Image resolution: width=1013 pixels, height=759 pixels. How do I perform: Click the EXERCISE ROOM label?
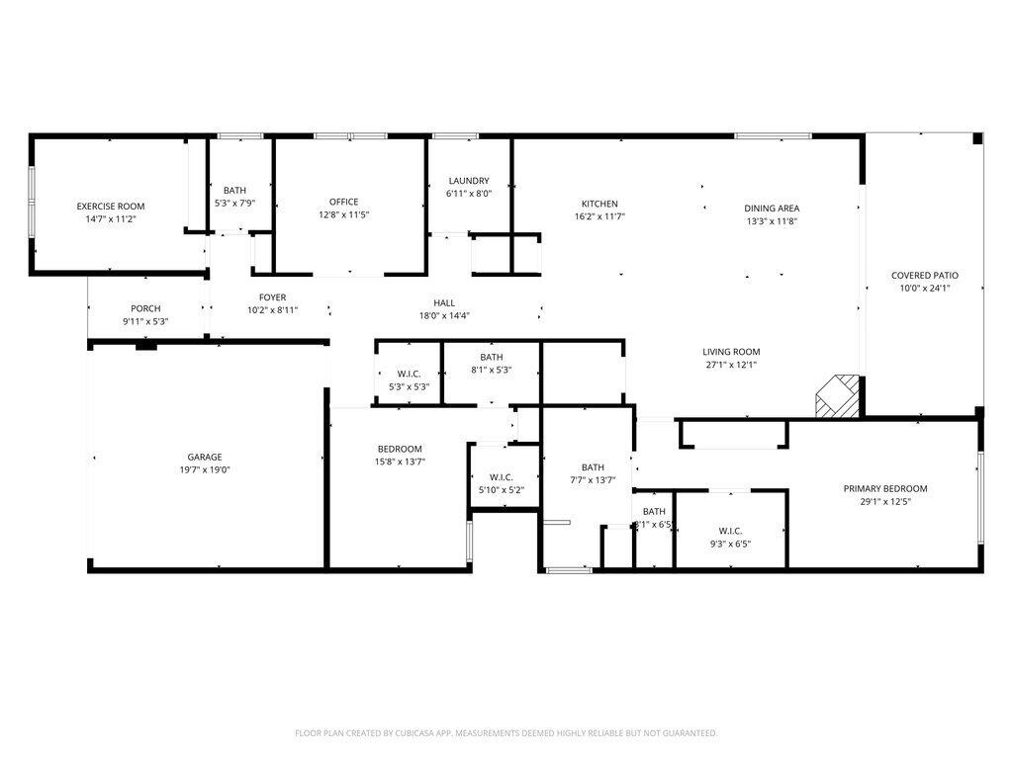click(111, 207)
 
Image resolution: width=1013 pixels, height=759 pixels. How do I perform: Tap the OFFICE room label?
click(344, 202)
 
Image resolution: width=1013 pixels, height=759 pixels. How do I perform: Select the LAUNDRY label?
click(469, 181)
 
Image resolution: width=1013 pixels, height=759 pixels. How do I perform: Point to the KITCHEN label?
click(599, 204)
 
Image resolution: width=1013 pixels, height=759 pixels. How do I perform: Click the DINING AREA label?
click(772, 209)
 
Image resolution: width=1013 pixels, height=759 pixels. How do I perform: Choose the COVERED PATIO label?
click(924, 276)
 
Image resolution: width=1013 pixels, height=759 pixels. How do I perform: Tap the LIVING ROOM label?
click(731, 352)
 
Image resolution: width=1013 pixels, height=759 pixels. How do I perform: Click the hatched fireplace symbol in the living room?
click(835, 396)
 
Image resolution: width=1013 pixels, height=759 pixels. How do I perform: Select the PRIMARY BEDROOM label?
click(884, 488)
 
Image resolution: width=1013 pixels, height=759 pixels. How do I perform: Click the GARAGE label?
click(205, 457)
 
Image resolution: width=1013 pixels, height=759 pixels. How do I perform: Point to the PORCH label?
click(145, 308)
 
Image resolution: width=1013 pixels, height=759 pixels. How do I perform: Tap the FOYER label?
click(273, 297)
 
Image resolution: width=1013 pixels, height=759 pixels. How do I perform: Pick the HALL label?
click(444, 303)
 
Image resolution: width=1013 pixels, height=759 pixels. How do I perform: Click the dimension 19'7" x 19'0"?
click(205, 470)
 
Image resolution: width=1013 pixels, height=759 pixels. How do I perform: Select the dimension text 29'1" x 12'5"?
click(884, 502)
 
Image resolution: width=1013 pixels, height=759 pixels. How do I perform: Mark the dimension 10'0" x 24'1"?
click(924, 289)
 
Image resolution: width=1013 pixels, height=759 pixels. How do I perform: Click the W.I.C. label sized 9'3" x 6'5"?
click(730, 530)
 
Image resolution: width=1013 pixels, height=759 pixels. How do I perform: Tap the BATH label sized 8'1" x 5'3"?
click(492, 358)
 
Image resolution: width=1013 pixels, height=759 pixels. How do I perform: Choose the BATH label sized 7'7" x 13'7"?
click(593, 467)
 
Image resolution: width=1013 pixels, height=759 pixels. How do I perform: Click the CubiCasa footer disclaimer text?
click(506, 733)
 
